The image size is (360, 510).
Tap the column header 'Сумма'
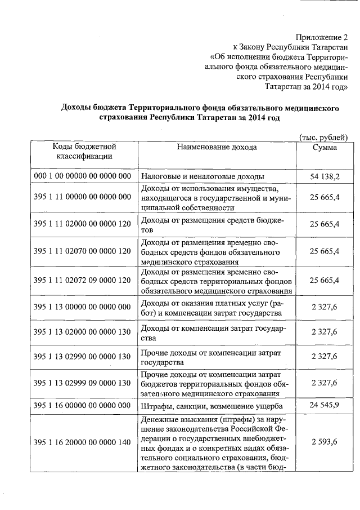point(325,147)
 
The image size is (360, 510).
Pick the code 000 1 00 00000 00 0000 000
point(82,177)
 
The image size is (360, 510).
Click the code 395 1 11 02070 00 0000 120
point(82,251)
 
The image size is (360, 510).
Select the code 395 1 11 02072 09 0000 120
point(82,280)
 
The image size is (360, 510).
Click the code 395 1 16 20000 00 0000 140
point(82,442)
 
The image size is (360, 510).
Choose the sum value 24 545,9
point(325,405)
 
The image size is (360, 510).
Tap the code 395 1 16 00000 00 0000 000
point(82,405)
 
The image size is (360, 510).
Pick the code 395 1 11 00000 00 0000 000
point(82,197)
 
